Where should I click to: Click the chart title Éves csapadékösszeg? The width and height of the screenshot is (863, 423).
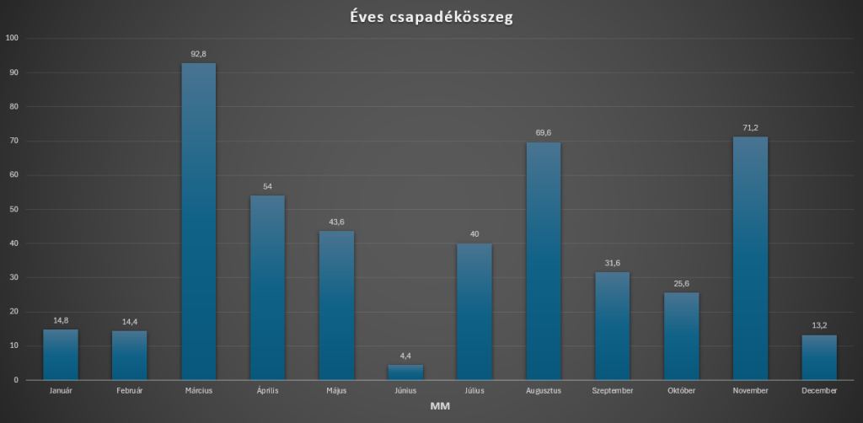[431, 17]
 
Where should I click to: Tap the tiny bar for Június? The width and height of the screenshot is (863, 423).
[405, 372]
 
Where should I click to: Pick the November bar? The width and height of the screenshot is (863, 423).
[750, 258]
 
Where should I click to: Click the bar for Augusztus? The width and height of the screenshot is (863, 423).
[544, 261]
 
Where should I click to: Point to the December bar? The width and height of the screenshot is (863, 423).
[819, 357]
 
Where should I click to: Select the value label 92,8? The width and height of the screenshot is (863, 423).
[198, 54]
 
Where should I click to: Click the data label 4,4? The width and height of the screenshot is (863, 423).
[405, 356]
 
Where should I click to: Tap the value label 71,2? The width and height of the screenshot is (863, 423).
[750, 127]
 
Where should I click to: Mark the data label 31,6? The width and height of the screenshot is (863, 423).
[613, 263]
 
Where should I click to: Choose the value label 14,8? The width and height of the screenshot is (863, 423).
[61, 320]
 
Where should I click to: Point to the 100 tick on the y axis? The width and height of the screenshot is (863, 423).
[13, 38]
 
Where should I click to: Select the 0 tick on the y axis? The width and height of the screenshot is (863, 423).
[17, 380]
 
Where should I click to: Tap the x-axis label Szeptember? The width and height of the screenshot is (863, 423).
[613, 391]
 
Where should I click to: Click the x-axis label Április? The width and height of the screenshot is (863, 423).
[267, 391]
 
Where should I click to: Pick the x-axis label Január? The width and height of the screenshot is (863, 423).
[61, 391]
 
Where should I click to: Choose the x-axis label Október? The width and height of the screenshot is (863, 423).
[681, 391]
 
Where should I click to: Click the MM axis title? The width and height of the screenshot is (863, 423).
[440, 407]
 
